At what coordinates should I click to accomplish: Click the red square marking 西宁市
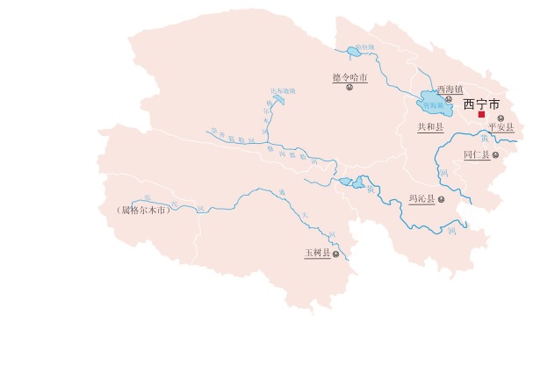[481, 114]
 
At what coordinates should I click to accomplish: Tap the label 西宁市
[480, 102]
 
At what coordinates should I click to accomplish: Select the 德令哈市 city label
[349, 78]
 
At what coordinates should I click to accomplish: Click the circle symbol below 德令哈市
[349, 89]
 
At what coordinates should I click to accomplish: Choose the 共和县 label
[430, 127]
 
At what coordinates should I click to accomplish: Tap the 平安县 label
[501, 128]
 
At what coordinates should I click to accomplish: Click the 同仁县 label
[477, 154]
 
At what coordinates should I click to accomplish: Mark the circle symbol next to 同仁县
[496, 155]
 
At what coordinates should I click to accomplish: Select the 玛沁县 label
[422, 199]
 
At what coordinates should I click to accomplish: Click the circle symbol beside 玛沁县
[442, 199]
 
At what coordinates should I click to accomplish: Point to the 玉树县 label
[317, 253]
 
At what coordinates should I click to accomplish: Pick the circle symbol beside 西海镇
[448, 99]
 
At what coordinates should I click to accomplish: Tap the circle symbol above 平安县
[501, 118]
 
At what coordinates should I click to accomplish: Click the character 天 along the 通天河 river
[305, 214]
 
